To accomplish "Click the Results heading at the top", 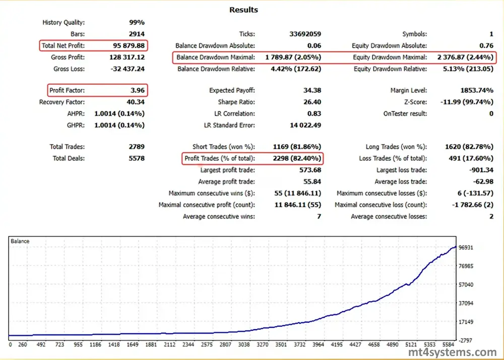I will click(x=243, y=10).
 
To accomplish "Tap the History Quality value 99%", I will click(x=137, y=22).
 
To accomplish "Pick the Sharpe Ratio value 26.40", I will click(x=310, y=102).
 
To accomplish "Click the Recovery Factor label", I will click(x=62, y=102).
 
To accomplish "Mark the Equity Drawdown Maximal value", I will click(x=463, y=57).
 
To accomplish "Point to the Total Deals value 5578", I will click(x=136, y=159).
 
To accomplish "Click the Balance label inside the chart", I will click(x=20, y=242).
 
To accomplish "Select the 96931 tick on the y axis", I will click(x=468, y=248).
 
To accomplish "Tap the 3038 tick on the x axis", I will click(x=243, y=345).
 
